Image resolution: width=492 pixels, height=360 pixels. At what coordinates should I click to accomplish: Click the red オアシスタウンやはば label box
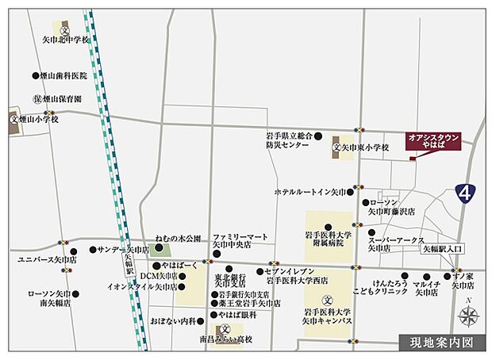point(432,140)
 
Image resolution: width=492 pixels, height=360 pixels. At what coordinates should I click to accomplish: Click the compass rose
point(468,317)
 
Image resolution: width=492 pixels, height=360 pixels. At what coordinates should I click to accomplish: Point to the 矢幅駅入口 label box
point(442,248)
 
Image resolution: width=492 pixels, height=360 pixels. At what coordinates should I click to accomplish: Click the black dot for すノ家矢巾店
point(449,276)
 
